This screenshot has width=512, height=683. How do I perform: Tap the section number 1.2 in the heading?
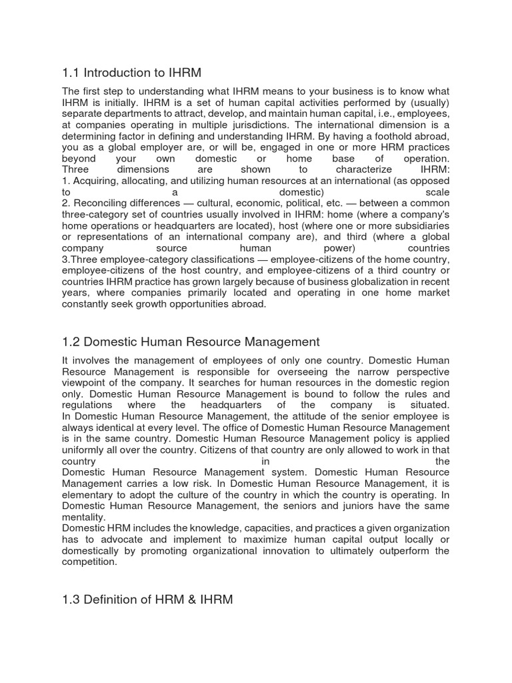tap(71, 341)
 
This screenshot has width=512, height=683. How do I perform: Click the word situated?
tap(429, 405)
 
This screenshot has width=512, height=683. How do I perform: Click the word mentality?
tap(83, 517)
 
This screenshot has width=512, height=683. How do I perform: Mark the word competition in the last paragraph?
tap(90, 562)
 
